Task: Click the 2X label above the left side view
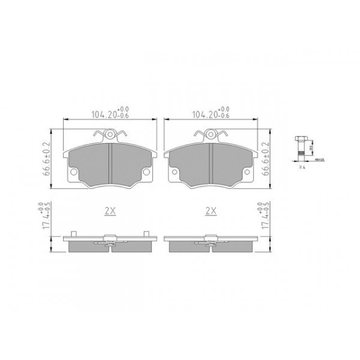(109, 211)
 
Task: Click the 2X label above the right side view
(210, 211)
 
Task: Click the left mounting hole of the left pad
(74, 174)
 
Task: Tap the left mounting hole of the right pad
(175, 174)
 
